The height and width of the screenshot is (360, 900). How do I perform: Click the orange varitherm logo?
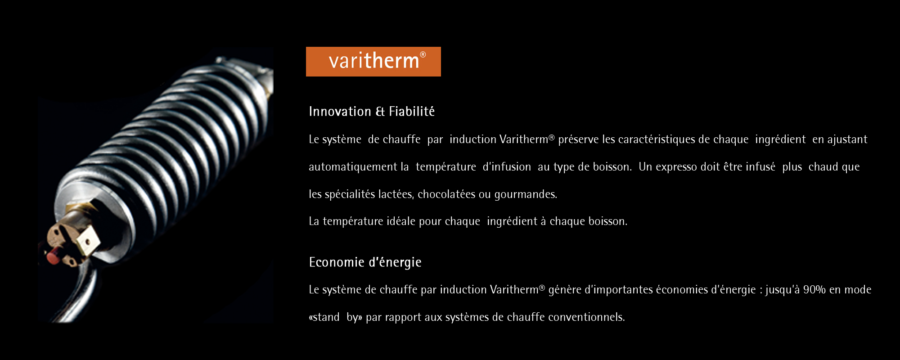[x=373, y=62]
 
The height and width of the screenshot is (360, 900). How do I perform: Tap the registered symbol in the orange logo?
[x=423, y=54]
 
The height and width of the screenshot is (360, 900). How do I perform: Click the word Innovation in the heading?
[x=340, y=111]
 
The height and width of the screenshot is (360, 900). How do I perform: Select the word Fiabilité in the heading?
[x=412, y=111]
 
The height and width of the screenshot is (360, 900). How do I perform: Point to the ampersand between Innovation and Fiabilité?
[x=380, y=112]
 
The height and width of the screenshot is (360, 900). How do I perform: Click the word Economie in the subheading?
[x=337, y=262]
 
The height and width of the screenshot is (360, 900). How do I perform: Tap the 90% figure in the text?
[x=814, y=289]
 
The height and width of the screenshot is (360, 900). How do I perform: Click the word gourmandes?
[x=526, y=195]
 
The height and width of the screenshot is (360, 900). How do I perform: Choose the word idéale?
[x=401, y=221]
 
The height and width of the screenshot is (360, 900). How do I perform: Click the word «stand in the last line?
[x=324, y=317]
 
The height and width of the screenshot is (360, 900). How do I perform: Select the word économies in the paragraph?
[x=682, y=290]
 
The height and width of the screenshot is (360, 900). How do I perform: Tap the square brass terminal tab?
[x=88, y=239]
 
